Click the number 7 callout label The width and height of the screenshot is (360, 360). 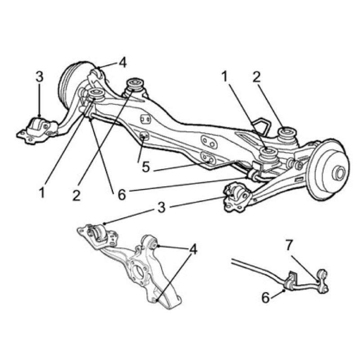[289, 245]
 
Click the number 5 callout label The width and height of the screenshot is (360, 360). [145, 167]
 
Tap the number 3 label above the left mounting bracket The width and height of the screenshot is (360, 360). [40, 77]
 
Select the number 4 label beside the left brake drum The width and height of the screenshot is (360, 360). [122, 63]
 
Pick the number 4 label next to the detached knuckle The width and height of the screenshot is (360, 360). [193, 250]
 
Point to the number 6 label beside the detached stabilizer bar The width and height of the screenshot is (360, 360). [265, 298]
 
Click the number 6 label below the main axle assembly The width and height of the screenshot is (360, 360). [122, 195]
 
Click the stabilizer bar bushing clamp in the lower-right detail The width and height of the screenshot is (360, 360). [290, 281]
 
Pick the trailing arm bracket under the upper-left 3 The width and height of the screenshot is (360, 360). [37, 130]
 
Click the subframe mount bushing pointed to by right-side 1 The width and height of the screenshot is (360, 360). [268, 154]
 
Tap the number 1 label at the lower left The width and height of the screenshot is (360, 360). [41, 193]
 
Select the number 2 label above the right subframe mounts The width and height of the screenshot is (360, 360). [256, 77]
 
